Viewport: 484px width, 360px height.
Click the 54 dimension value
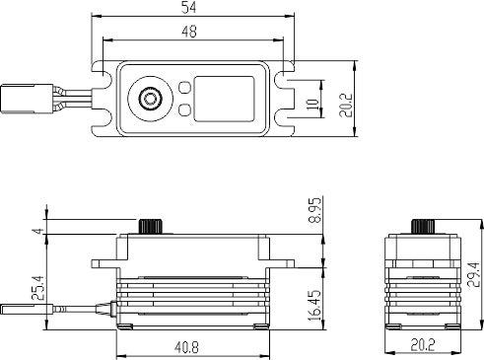point(188,8)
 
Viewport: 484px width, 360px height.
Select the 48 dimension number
point(189,32)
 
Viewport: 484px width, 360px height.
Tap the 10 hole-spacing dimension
point(312,104)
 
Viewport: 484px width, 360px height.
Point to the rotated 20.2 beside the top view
point(346,106)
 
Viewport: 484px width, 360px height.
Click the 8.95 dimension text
point(314,211)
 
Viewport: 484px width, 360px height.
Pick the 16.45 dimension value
point(314,306)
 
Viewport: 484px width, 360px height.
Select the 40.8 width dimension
point(186,347)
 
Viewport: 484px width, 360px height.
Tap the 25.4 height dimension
point(38,288)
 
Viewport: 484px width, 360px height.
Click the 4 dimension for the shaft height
point(38,231)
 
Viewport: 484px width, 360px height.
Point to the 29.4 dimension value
point(473,274)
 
